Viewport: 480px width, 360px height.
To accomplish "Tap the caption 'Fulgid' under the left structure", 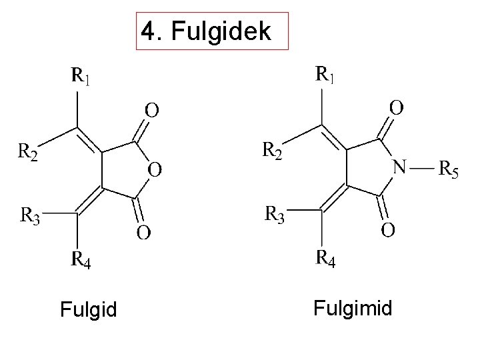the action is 88,310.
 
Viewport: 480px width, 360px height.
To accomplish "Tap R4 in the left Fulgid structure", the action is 81,259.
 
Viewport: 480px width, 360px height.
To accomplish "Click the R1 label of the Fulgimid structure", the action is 325,74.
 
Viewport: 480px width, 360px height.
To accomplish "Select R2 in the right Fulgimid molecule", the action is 271,151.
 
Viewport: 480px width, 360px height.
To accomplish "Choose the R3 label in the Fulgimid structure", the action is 275,215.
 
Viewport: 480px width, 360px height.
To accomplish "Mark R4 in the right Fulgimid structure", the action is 325,257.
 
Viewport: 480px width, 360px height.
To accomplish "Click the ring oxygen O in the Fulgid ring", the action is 153,170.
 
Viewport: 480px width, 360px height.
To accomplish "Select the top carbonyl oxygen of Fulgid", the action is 152,109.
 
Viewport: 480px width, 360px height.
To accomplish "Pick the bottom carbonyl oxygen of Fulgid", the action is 143,233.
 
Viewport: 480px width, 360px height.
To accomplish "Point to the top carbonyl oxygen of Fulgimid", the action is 396,107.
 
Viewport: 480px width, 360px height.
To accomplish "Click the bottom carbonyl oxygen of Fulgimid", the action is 387,230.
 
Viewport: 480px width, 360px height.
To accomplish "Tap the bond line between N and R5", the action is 422,168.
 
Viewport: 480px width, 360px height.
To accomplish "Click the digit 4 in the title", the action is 149,31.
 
